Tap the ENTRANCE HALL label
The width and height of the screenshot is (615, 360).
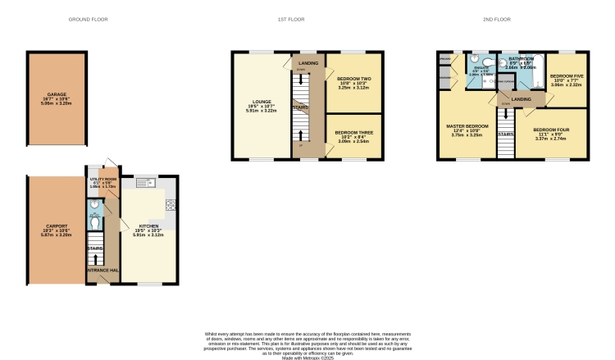102,269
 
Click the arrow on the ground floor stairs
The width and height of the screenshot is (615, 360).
97,247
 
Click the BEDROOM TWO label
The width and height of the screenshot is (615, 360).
353,80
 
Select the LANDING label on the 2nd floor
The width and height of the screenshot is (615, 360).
522,99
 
